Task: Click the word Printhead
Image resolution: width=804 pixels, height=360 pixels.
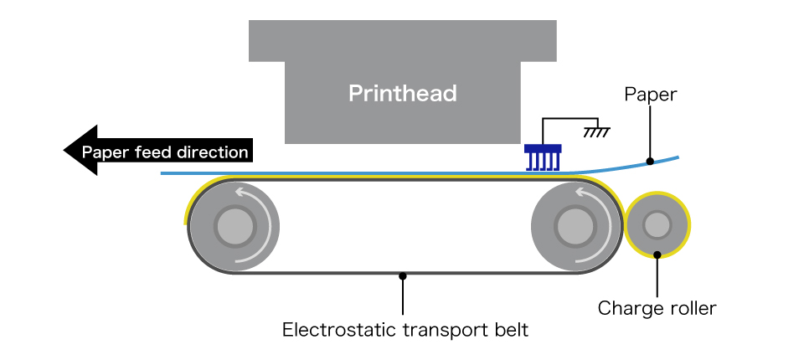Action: [403, 93]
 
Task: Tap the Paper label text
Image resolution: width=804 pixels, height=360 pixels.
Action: [651, 95]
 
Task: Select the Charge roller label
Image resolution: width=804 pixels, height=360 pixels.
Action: [657, 308]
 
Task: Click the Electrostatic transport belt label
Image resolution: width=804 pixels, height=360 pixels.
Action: [405, 329]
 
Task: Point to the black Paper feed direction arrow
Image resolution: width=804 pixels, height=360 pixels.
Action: [158, 150]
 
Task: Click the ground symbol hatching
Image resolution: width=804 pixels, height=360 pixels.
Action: [596, 132]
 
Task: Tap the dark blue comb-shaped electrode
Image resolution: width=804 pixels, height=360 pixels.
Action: [543, 157]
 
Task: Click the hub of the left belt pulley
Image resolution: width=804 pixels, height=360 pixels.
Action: [235, 226]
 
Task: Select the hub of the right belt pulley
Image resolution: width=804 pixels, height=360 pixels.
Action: [575, 226]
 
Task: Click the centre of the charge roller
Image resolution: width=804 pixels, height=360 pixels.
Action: [657, 225]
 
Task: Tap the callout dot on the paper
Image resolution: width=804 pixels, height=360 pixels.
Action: [650, 161]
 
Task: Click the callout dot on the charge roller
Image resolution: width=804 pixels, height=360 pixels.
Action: [657, 255]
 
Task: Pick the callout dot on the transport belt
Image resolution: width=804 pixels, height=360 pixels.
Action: [403, 276]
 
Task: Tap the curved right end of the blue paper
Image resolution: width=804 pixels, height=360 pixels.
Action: [678, 157]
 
